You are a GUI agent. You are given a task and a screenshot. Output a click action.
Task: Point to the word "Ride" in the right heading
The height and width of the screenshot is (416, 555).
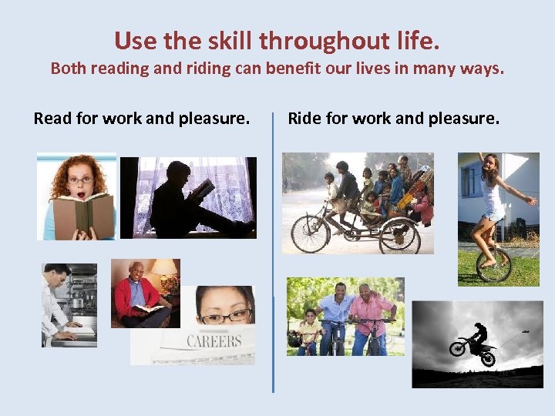tap(304, 119)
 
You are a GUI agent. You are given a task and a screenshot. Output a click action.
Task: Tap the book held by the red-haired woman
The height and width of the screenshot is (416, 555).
tap(82, 214)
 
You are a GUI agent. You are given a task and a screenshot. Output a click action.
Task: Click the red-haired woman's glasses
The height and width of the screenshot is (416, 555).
tap(81, 179)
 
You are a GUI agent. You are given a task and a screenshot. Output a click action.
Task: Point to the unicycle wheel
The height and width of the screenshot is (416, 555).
tap(494, 263)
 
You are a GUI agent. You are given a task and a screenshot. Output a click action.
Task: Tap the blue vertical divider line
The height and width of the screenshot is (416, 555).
tap(273, 254)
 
